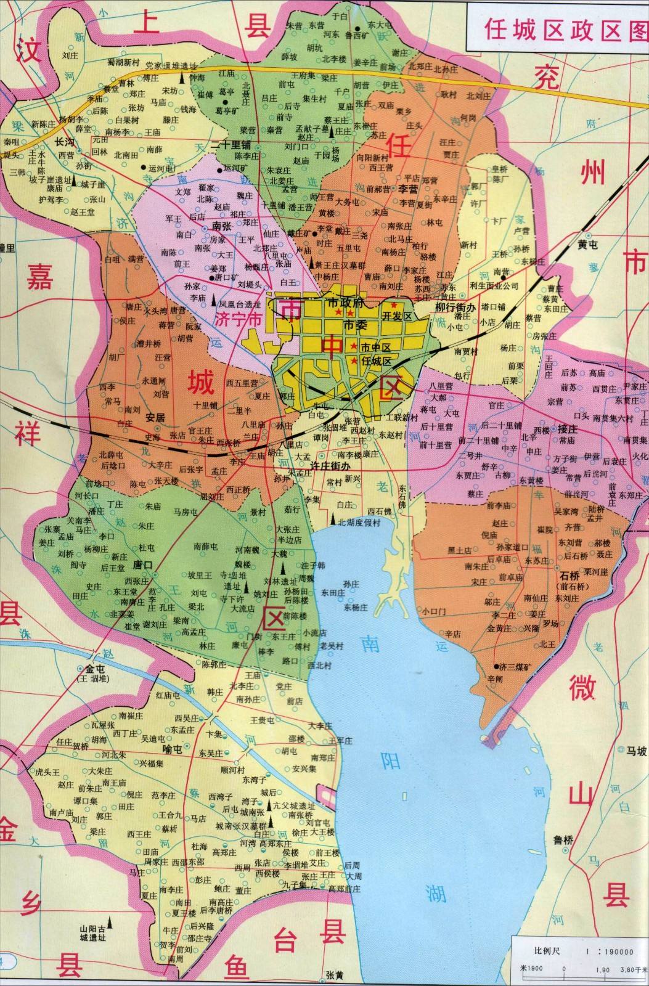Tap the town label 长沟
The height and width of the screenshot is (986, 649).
64,141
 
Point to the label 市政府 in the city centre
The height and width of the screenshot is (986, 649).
346,303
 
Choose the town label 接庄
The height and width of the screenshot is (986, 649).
566,430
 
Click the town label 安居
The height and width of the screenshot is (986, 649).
155,417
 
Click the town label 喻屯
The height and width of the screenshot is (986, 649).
171,749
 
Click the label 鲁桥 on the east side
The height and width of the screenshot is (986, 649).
563,839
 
